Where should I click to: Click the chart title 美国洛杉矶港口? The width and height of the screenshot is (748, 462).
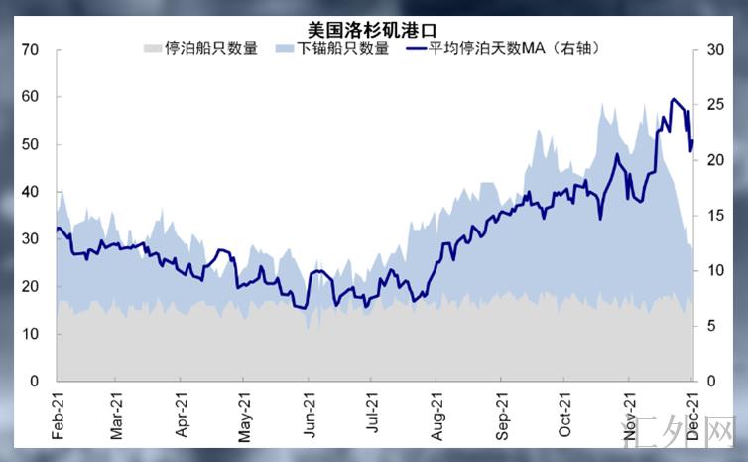373,30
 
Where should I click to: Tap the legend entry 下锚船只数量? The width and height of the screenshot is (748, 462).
343,47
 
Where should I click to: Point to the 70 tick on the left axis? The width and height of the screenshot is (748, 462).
30,50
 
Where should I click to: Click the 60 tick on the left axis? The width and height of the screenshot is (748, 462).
30,97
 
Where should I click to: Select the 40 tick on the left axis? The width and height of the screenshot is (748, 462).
30,192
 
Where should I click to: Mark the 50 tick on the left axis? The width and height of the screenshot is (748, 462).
30,144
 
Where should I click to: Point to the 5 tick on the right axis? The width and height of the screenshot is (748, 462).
712,326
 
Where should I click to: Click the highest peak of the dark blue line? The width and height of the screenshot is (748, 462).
674,99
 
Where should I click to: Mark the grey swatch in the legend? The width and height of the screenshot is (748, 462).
152,47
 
